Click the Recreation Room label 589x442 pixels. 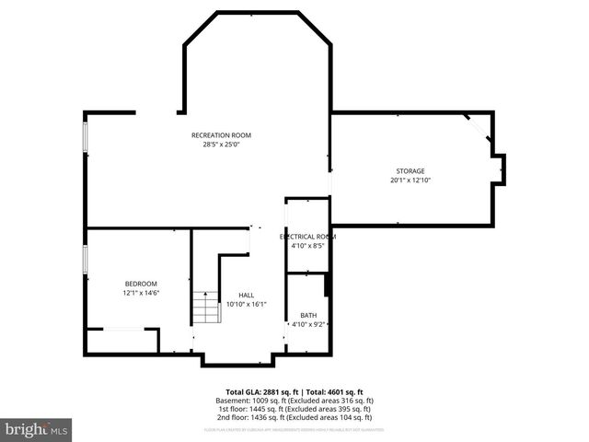click(221, 135)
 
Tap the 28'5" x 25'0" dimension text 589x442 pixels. click(221, 144)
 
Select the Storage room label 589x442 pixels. click(410, 171)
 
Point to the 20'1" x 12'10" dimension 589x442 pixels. click(410, 180)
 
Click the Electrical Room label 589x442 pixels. click(307, 237)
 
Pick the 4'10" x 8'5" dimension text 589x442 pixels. click(307, 246)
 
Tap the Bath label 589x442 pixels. click(307, 315)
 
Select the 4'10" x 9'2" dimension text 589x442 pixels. click(308, 324)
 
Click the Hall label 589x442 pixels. click(246, 295)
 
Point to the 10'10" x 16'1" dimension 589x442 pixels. click(246, 304)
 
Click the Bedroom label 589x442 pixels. click(141, 283)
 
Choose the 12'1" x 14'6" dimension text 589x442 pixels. click(141, 292)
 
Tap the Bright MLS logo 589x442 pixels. click(37, 429)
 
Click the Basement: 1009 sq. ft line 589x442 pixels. click(294, 401)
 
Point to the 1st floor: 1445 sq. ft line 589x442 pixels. click(294, 409)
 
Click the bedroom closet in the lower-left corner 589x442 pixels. click(121, 341)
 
